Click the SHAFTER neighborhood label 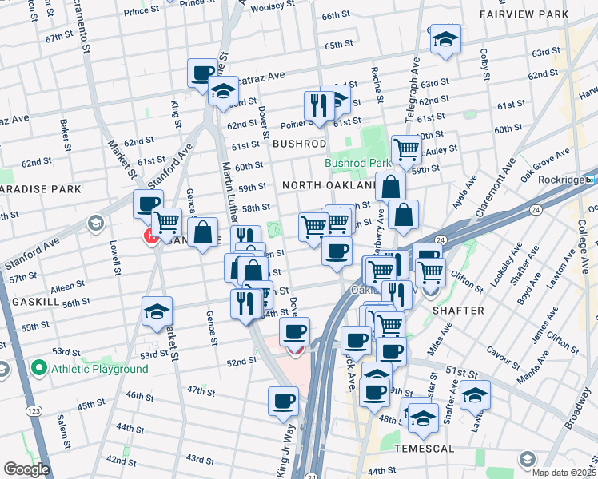[x=458, y=310]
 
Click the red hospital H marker [x=149, y=236]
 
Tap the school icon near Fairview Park [x=445, y=40]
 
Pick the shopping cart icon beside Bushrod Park [x=406, y=148]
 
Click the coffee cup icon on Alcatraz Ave [x=202, y=74]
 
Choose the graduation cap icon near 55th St [x=157, y=312]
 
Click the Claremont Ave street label [x=505, y=183]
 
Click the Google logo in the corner [x=26, y=469]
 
